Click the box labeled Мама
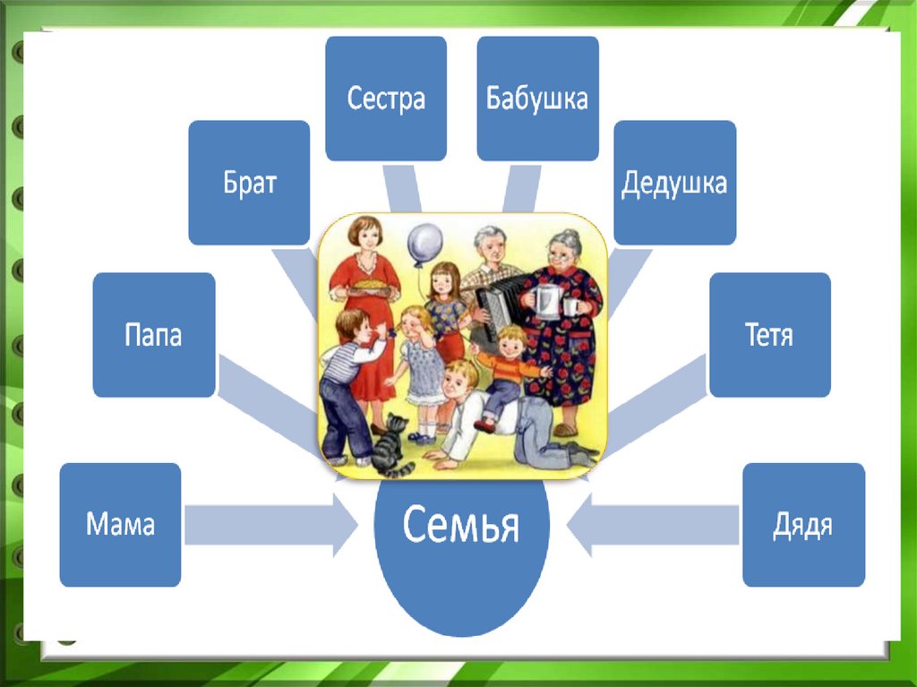tap(120, 524)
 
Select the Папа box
tap(153, 335)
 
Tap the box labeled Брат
tap(249, 183)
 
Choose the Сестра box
tap(385, 98)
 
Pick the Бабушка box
tap(537, 98)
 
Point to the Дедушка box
tap(674, 183)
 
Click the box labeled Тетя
tap(769, 335)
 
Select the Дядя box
tap(803, 524)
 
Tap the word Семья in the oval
tap(460, 525)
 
